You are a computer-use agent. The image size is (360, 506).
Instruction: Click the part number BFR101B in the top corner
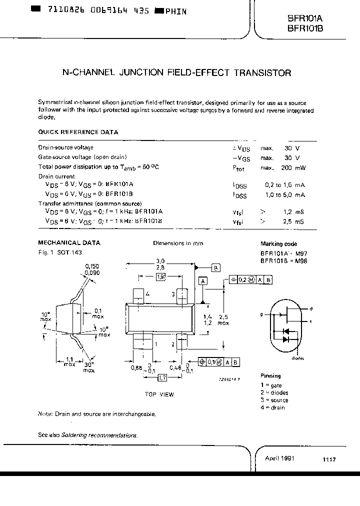305,28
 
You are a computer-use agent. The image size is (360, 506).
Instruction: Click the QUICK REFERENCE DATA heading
78,132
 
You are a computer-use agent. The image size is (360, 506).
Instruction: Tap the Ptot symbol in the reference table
239,168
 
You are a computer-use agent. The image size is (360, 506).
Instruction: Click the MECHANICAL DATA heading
69,242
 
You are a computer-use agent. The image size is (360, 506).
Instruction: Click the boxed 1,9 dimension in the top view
161,276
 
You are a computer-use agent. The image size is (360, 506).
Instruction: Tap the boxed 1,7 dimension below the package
163,379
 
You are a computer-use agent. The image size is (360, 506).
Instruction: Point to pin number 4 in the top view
148,293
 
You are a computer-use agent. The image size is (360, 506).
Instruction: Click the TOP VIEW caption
159,394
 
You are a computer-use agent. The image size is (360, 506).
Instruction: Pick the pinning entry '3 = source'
274,400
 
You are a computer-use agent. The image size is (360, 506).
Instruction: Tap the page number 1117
328,459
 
